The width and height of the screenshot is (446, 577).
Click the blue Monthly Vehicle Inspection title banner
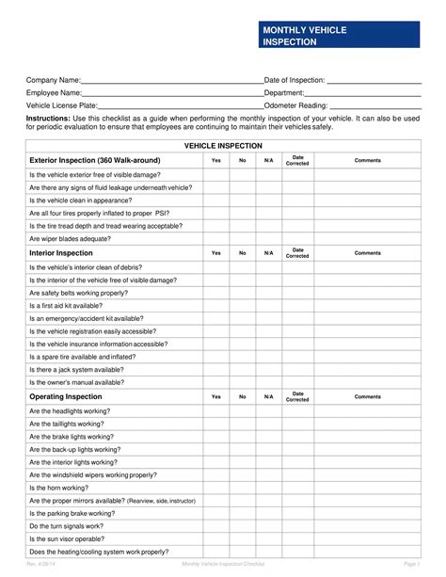click(x=338, y=37)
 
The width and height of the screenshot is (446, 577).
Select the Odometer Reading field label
click(x=295, y=106)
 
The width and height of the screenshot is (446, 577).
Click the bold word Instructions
click(x=48, y=120)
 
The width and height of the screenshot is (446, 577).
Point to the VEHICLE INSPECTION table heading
click(x=223, y=147)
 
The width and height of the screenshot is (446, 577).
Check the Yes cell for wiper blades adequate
click(x=215, y=239)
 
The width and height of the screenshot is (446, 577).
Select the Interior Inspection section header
click(x=61, y=253)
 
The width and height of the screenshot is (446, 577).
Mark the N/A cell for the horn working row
click(x=268, y=488)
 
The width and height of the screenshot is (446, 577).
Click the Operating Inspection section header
click(x=65, y=397)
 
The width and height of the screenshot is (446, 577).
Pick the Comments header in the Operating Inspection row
click(x=367, y=397)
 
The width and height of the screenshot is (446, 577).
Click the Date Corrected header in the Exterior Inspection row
click(x=297, y=161)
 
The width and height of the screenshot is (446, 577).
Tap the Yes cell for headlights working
click(x=215, y=410)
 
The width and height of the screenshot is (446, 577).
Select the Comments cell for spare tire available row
click(x=367, y=358)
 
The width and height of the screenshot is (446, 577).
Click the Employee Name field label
click(x=55, y=94)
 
